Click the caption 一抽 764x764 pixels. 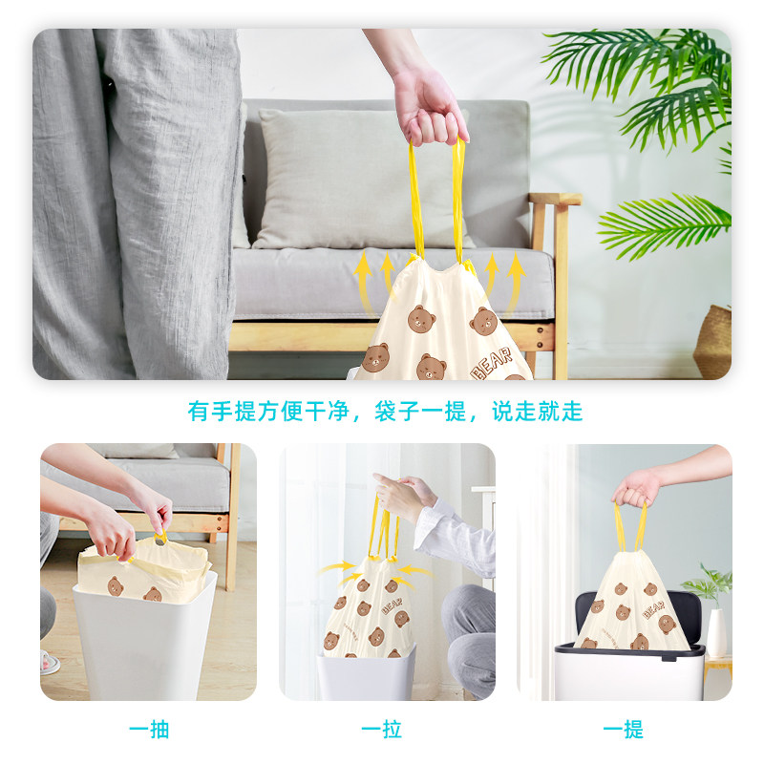pos(149,730)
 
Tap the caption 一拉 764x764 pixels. pos(381,730)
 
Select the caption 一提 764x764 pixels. pos(624,730)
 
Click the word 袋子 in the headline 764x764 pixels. pos(397,411)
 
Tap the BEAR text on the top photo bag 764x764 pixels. pos(492,364)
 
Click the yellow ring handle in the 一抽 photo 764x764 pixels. pos(159,539)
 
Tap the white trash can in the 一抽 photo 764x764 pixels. pos(144,639)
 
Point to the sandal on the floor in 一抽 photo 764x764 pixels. pos(50,663)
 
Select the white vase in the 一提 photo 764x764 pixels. pos(716,632)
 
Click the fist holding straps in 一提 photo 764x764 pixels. pos(635,489)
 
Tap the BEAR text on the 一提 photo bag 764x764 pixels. pos(654,609)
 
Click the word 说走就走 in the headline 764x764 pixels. pos(538,411)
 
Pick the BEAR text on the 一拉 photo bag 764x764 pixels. pos(393,605)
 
